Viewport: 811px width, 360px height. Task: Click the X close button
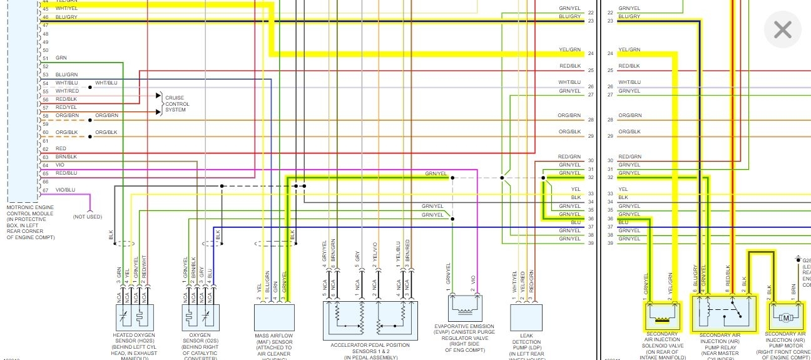782,29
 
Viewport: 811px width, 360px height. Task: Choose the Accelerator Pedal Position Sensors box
369,320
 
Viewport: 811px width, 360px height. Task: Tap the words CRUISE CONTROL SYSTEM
175,105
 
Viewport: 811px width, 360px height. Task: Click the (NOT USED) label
87,217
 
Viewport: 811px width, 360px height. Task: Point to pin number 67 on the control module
45,190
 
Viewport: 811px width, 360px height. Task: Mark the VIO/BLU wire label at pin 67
65,190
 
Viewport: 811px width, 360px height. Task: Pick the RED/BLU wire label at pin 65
66,173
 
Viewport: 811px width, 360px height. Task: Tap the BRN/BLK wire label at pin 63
66,157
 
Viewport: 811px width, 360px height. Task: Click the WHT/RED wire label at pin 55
67,91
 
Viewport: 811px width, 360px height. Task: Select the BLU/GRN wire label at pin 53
66,75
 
